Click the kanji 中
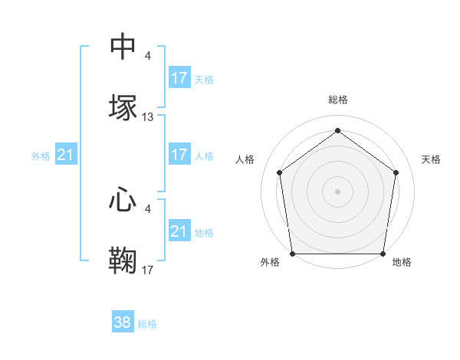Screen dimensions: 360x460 [x=123, y=47]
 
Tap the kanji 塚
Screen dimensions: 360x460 [x=123, y=107]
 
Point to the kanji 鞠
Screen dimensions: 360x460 [x=123, y=260]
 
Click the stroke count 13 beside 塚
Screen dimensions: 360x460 [x=148, y=117]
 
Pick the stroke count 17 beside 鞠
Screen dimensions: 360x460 [x=148, y=270]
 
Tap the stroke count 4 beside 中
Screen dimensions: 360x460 [x=148, y=57]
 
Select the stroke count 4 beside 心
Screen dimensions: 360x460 [x=148, y=209]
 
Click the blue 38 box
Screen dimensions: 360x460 [x=123, y=322]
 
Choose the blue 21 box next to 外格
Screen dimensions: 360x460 [x=66, y=155]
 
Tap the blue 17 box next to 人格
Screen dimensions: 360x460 [x=179, y=155]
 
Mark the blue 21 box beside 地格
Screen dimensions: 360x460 [x=179, y=231]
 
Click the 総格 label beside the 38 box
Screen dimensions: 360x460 [x=147, y=324]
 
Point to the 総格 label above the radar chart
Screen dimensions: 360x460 [x=338, y=100]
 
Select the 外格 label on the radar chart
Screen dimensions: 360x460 [x=270, y=262]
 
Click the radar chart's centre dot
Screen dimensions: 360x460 [x=338, y=191]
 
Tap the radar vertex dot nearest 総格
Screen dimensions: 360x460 [x=338, y=130]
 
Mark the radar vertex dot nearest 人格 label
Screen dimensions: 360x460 [x=280, y=172]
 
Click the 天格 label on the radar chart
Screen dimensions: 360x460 [x=431, y=159]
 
